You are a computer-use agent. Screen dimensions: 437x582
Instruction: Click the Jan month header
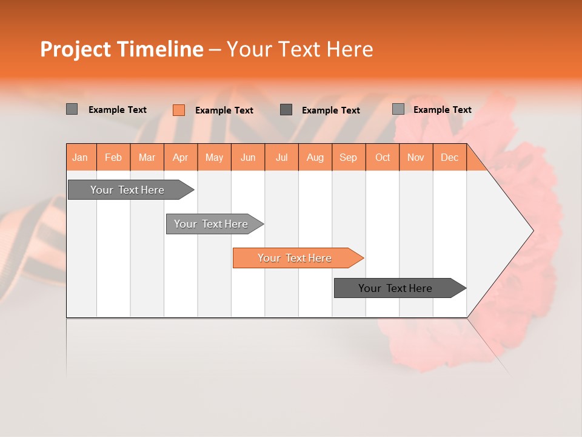[x=81, y=157]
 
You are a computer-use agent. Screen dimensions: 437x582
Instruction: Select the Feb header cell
[x=113, y=157]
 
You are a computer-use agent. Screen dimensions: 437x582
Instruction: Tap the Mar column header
[x=147, y=157]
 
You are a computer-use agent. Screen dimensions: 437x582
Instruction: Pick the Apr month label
[x=181, y=157]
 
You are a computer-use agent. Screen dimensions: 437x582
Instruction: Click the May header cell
[x=214, y=157]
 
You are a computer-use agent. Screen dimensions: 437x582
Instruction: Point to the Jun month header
[x=248, y=157]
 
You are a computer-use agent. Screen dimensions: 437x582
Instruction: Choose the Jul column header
[x=281, y=157]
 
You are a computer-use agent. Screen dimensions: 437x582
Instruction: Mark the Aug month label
[x=315, y=157]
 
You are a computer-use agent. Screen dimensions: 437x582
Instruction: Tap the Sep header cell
[x=349, y=157]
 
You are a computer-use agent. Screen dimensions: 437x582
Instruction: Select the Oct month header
[x=383, y=157]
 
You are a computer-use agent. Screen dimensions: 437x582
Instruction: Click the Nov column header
[x=416, y=157]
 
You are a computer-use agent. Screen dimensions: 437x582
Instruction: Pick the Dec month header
[x=450, y=157]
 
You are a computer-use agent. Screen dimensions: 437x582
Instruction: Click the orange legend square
[x=179, y=110]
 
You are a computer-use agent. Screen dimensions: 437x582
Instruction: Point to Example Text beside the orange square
[x=224, y=110]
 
